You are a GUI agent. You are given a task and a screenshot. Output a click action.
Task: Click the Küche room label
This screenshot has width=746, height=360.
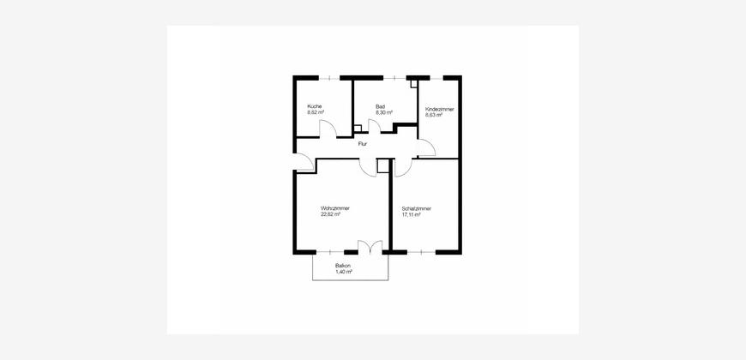(x=314, y=106)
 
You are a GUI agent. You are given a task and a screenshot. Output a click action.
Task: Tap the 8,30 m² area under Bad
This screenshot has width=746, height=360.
(x=383, y=112)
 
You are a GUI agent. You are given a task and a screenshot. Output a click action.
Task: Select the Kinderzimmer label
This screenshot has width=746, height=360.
(x=439, y=109)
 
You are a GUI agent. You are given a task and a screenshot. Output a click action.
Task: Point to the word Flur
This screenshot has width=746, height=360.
(x=362, y=142)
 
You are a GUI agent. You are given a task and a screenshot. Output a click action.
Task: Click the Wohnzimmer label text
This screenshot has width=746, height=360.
(x=335, y=208)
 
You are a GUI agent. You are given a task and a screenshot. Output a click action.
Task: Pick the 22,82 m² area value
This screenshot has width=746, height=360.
(x=330, y=214)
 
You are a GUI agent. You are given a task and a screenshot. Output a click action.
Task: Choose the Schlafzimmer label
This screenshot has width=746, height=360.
(x=416, y=208)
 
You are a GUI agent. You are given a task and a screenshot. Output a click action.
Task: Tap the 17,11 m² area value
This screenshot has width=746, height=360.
(x=411, y=214)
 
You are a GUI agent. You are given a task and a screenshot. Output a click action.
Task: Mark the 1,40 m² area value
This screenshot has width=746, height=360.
(x=344, y=272)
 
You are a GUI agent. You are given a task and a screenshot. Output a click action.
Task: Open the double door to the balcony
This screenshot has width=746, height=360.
(x=370, y=246)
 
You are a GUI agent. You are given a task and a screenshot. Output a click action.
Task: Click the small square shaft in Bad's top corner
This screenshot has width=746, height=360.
(x=414, y=84)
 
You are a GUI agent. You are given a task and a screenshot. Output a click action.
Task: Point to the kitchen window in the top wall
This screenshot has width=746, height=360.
(x=328, y=77)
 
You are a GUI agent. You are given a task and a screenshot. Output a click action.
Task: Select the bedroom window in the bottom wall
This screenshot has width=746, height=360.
(x=422, y=252)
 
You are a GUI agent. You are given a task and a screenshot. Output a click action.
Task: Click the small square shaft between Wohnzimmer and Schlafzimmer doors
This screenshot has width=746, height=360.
(x=383, y=165)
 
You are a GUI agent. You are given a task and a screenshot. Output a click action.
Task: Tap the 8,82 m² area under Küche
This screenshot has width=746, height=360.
(x=316, y=112)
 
